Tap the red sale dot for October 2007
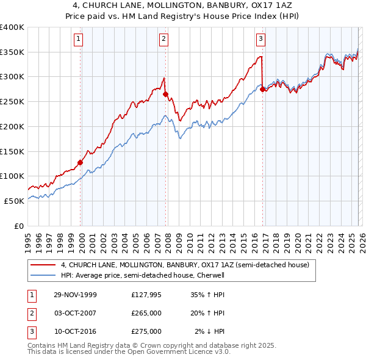point(165,94)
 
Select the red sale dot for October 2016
point(262,89)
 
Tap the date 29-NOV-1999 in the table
point(75,295)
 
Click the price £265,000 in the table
point(146,313)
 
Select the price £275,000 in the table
point(146,331)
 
